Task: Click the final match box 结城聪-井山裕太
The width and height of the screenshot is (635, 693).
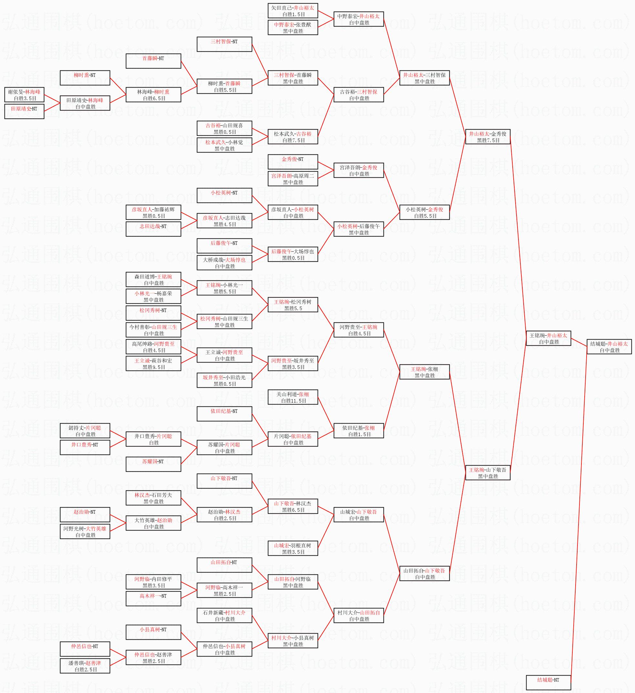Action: [x=609, y=347]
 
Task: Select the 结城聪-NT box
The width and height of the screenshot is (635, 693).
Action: [x=548, y=682]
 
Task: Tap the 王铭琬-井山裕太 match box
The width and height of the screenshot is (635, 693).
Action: [x=548, y=338]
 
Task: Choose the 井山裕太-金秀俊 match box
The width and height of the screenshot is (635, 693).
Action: [x=487, y=137]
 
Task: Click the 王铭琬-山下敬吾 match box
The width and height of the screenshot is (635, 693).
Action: [x=487, y=473]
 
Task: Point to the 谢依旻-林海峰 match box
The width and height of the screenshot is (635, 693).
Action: [x=25, y=95]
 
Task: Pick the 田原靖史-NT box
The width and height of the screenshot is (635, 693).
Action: [x=25, y=111]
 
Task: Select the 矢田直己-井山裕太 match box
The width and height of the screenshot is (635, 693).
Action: [x=293, y=11]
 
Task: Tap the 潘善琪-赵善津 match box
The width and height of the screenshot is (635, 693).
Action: [x=85, y=666]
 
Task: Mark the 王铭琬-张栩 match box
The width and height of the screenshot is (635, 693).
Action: [x=425, y=372]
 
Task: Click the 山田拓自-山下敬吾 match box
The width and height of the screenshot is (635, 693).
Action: [x=425, y=573]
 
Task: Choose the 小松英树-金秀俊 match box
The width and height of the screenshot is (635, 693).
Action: [x=425, y=212]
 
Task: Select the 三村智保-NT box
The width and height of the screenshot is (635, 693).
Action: [x=224, y=44]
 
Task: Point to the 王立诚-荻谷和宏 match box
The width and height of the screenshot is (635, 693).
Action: [x=153, y=363]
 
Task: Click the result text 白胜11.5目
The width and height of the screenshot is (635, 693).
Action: [x=293, y=401]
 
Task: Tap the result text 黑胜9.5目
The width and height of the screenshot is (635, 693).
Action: [x=154, y=367]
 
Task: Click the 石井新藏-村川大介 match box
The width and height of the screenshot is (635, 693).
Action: [x=224, y=615]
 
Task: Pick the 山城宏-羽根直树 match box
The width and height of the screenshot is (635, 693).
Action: [x=293, y=548]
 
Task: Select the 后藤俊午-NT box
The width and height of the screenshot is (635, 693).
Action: [x=224, y=246]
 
